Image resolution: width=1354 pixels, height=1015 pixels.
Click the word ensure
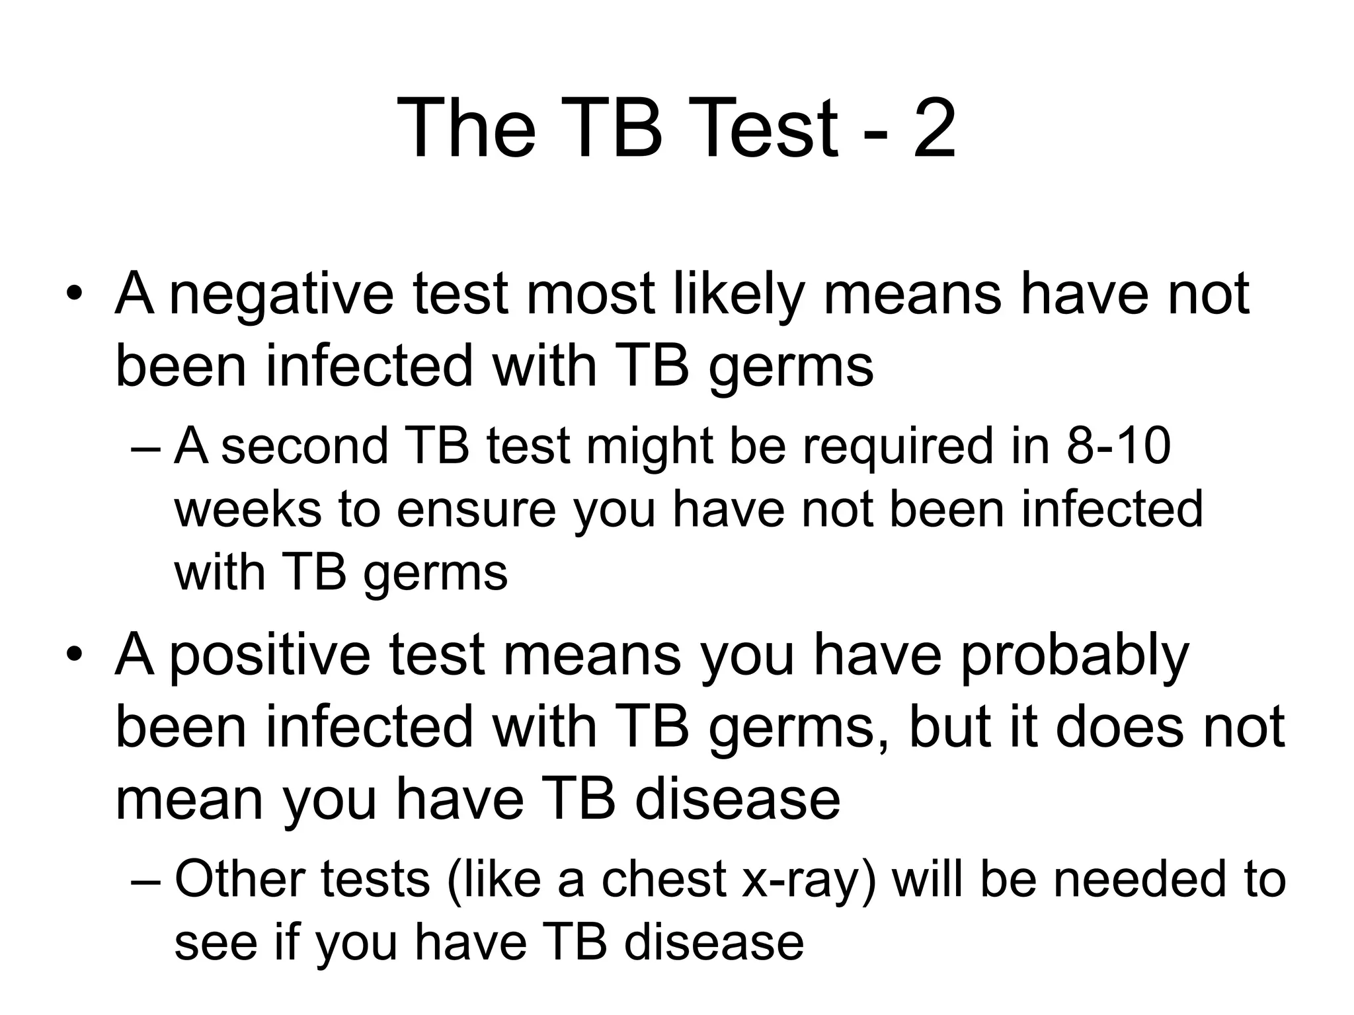click(x=476, y=509)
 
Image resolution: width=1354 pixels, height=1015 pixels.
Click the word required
click(x=898, y=447)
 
